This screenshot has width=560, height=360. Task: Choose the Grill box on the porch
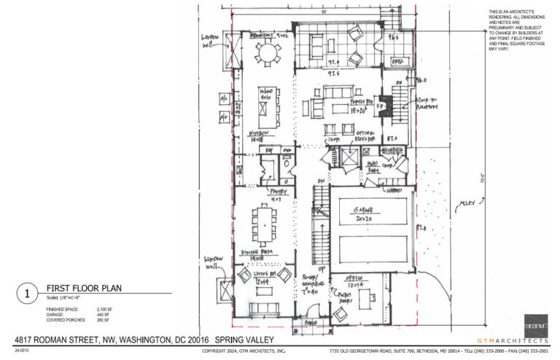click(398, 62)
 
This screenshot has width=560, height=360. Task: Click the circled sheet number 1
click(26, 294)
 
